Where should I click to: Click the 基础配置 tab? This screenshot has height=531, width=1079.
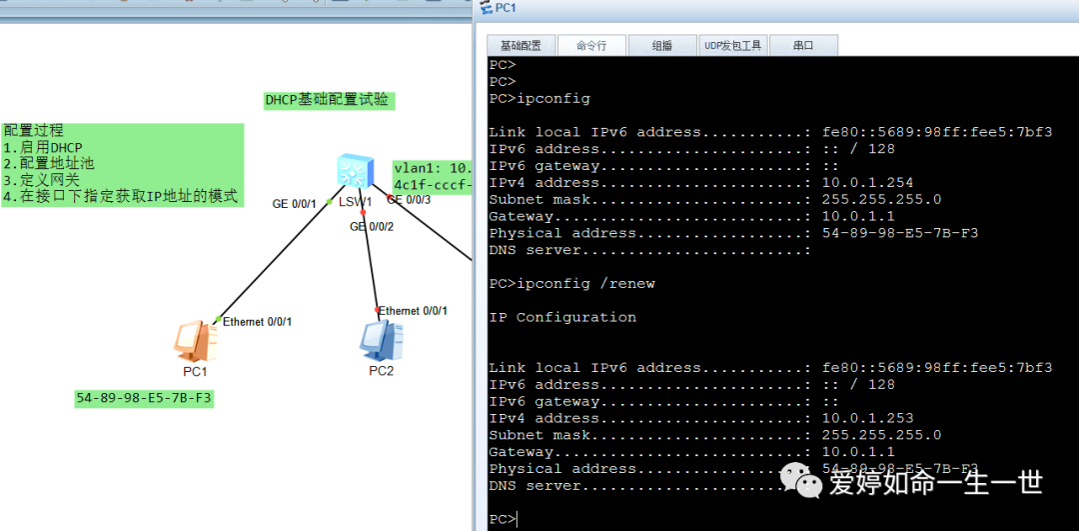click(x=521, y=45)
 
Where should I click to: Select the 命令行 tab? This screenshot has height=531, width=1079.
click(x=590, y=45)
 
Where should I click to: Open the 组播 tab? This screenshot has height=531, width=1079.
click(x=661, y=45)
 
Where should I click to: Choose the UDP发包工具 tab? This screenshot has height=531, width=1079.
click(x=733, y=45)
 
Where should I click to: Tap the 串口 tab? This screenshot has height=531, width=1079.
click(x=803, y=45)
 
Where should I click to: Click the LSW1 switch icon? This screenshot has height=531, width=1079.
click(x=355, y=171)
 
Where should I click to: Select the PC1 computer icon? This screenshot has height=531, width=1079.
click(x=195, y=341)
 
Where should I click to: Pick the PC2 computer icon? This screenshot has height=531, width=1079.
click(x=381, y=341)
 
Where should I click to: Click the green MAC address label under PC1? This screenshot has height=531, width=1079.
click(x=145, y=398)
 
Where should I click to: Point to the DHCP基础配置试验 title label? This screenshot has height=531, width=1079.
click(x=328, y=100)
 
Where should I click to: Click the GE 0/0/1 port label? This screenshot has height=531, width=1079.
click(x=295, y=204)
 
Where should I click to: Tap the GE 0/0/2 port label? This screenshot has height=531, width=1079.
click(x=372, y=227)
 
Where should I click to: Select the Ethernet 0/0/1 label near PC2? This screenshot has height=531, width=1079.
click(x=413, y=311)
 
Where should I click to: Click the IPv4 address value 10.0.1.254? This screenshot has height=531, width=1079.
click(x=868, y=183)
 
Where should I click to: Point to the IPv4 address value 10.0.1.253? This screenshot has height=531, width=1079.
click(x=868, y=418)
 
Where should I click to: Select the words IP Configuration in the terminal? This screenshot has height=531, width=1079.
click(x=562, y=317)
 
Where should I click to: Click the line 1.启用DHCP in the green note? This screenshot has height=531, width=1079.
click(x=43, y=148)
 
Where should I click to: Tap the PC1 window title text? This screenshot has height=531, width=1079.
click(x=506, y=8)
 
